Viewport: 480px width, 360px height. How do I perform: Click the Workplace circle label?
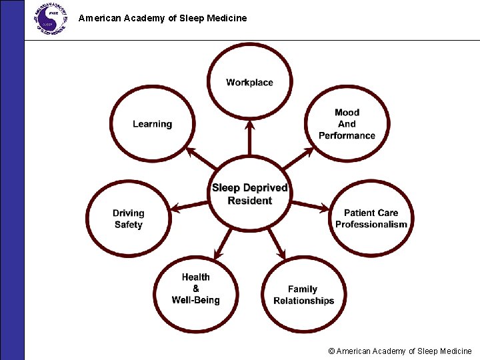click(249, 83)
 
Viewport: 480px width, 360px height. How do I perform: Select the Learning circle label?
click(152, 124)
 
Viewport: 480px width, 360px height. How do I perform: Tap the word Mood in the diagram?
click(347, 113)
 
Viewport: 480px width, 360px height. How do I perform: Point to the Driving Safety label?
click(128, 219)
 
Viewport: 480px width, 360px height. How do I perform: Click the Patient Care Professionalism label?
click(371, 219)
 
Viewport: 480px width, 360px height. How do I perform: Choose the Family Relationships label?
click(303, 295)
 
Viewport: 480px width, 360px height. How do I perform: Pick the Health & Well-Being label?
click(195, 289)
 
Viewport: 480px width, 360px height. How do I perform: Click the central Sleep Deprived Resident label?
click(250, 194)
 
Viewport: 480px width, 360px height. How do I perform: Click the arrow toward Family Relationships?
click(275, 243)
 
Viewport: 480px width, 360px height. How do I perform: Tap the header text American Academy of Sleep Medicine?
click(163, 18)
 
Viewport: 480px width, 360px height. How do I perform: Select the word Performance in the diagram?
click(347, 135)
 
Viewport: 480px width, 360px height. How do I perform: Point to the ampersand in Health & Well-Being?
click(195, 289)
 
